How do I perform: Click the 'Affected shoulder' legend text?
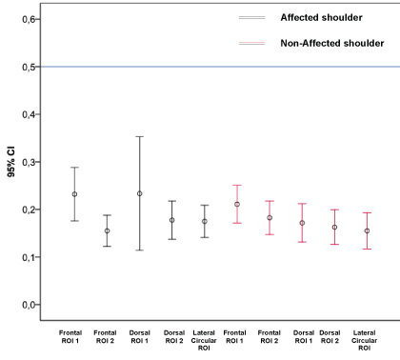(321, 17)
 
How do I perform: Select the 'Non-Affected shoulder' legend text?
(332, 43)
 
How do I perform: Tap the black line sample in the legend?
(252, 18)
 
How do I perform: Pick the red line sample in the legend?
(252, 43)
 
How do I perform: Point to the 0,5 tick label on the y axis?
(29, 68)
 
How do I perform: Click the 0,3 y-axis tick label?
(29, 163)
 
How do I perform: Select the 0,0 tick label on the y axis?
(29, 305)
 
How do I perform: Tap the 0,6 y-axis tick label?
(29, 20)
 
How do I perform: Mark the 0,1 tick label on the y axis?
(29, 257)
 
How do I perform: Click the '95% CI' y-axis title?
(11, 162)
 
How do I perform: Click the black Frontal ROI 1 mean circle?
(74, 194)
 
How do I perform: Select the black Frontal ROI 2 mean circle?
(108, 230)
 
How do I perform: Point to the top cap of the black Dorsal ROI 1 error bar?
(140, 136)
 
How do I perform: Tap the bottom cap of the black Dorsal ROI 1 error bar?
(140, 250)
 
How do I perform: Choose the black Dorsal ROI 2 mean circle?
(172, 220)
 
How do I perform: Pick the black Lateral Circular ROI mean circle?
(205, 221)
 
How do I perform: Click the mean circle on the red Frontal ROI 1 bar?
(237, 204)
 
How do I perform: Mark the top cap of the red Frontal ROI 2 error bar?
(270, 201)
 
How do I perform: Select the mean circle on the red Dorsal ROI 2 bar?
(334, 227)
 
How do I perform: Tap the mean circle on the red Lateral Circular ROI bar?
(367, 230)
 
